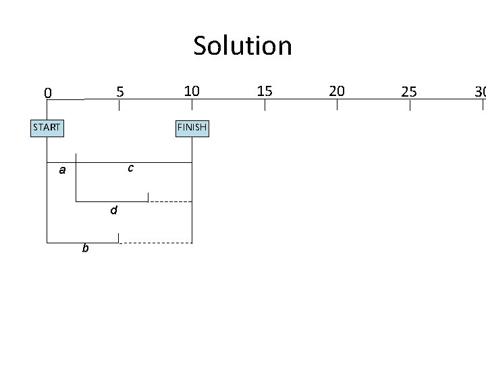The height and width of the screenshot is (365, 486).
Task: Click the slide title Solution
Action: pos(242,46)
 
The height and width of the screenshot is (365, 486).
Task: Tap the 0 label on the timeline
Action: pos(47,93)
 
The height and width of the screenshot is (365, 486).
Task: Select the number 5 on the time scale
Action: pos(119,91)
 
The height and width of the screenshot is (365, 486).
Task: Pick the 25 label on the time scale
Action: pos(409,91)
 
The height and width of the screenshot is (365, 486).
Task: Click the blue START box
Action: pos(47,126)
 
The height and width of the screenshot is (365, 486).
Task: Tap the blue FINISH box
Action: pos(192,126)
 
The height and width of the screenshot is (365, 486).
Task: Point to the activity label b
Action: pos(85,249)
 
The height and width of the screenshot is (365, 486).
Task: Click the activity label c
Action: pos(130,167)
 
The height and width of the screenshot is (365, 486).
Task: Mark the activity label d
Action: pos(114,210)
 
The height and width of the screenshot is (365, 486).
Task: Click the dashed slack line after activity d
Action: pos(170,201)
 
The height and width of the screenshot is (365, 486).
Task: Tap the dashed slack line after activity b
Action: pos(155,243)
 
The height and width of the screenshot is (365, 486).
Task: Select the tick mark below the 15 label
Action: pos(265,105)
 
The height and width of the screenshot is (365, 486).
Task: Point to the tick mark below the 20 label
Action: pos(337,105)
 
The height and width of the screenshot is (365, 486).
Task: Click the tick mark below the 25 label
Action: pos(410,105)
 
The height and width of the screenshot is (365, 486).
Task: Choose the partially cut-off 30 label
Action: pos(480,91)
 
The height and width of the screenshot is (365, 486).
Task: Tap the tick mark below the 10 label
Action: pos(192,105)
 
